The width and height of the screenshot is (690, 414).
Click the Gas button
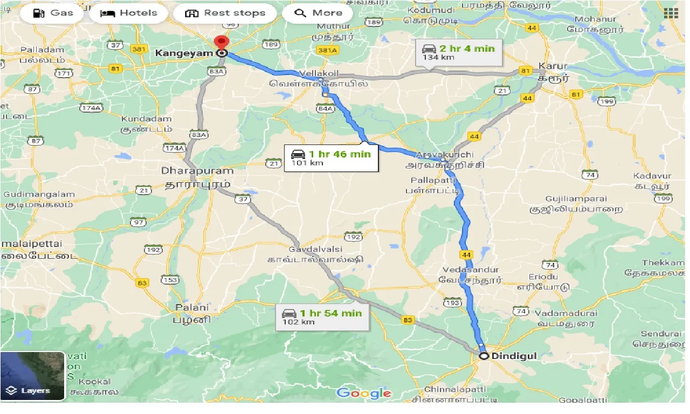point(52,13)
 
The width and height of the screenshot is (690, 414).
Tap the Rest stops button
point(225,13)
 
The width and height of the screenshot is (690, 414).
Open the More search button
point(318,13)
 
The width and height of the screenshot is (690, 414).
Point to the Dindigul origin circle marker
point(484,356)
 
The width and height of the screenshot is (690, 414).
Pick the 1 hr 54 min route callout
point(322,317)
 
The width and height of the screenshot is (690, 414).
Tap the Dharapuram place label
point(197,171)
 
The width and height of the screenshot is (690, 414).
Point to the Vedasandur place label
point(471,270)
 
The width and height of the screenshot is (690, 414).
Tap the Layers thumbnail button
point(32,376)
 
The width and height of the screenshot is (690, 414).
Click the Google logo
point(364,393)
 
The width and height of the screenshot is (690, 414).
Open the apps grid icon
point(671,13)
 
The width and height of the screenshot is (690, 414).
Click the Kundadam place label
point(147,119)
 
